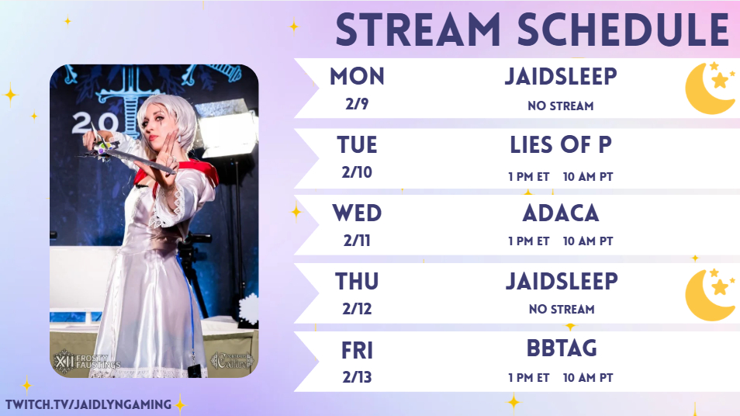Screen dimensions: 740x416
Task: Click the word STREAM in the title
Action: [418, 29]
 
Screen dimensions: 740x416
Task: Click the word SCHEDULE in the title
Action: [624, 29]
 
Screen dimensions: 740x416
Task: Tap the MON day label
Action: [358, 77]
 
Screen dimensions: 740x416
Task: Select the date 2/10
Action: [358, 172]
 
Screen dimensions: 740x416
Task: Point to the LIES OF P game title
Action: [561, 145]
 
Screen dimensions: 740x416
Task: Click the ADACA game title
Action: [561, 213]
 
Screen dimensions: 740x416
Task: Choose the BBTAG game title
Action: [562, 349]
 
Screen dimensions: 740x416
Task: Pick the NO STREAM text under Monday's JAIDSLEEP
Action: [561, 106]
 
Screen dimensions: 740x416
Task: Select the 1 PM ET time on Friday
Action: [528, 378]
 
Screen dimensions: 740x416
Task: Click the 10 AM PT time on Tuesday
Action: [588, 177]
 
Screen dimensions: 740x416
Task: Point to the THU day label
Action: [358, 282]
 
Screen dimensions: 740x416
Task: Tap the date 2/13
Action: [358, 377]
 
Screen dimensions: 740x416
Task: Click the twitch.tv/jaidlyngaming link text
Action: [88, 404]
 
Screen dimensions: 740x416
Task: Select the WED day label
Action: [358, 213]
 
